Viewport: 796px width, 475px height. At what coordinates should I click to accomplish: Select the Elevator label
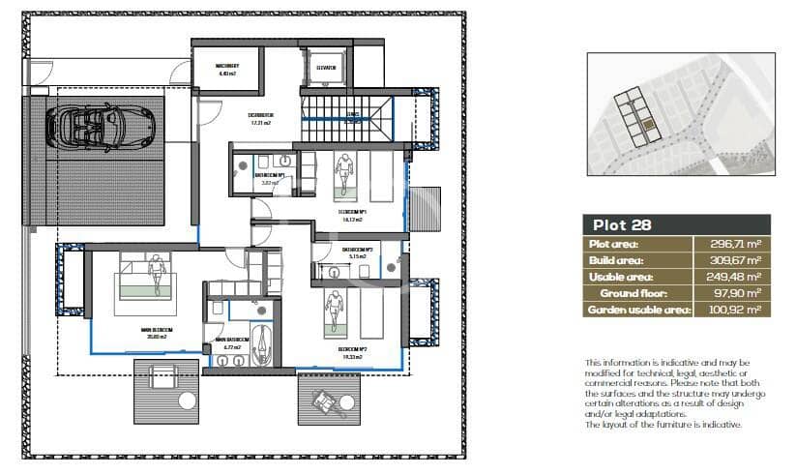coord(326,68)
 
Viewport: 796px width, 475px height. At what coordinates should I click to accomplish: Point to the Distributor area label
coord(260,119)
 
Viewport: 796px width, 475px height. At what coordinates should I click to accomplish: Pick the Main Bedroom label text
coord(156,332)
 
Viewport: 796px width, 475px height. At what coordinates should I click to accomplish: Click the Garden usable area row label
coord(637,310)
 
